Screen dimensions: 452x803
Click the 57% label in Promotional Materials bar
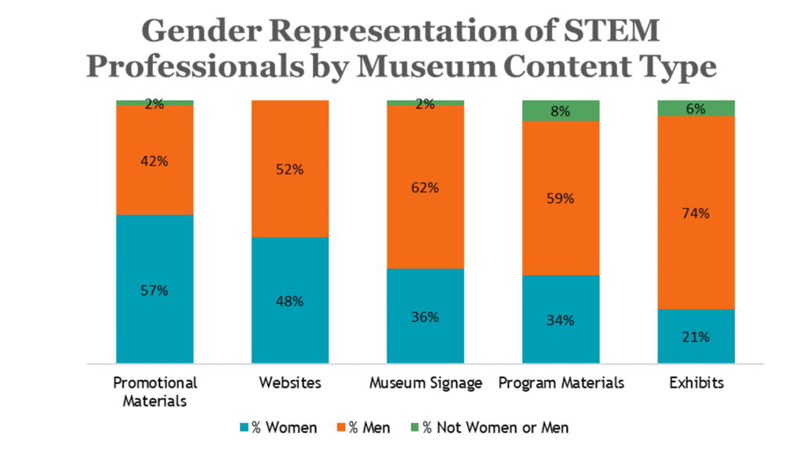pos(154,291)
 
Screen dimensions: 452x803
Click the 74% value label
pos(696,213)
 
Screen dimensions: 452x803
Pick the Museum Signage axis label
pos(425,383)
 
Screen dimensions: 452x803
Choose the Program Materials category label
pos(561,383)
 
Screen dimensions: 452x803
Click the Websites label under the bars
pos(289,383)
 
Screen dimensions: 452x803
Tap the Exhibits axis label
pos(696,383)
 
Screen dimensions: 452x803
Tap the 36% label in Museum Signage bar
pos(425,317)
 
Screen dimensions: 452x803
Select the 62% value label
pos(425,188)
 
